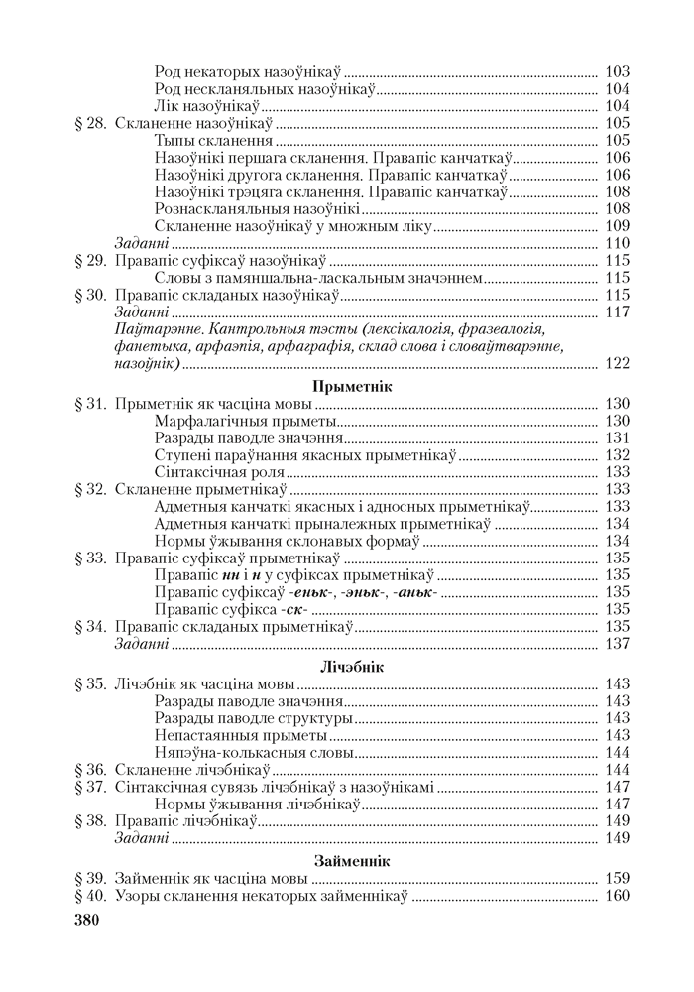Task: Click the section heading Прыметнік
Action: coord(352,386)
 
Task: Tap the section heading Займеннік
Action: coord(352,860)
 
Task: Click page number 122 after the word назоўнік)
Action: coord(616,363)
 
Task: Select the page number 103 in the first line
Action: coord(616,71)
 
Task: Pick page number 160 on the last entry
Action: coord(616,896)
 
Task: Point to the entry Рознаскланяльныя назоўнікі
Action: coord(257,208)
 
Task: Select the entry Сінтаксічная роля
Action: coord(220,472)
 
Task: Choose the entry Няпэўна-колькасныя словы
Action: coord(254,752)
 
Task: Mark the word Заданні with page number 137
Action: coord(141,643)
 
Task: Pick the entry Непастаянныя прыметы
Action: coord(241,735)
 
